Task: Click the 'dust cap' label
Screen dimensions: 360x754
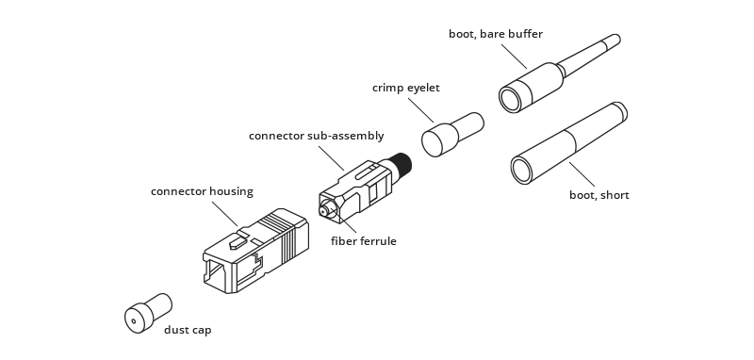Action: (x=188, y=330)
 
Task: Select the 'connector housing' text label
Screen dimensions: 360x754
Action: (x=202, y=191)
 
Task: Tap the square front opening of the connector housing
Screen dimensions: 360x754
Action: (x=216, y=274)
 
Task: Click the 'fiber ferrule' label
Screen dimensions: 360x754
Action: (x=363, y=241)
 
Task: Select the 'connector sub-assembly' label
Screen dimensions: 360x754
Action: (x=316, y=136)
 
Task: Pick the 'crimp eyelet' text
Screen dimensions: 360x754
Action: (x=406, y=88)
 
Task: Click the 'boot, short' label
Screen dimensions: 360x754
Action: (x=598, y=195)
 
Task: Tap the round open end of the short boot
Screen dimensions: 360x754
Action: (x=521, y=171)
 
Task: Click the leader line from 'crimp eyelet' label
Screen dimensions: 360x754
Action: (x=421, y=108)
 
